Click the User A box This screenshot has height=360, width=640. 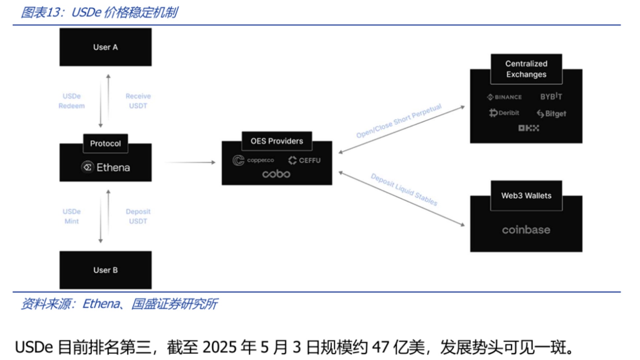tap(105, 47)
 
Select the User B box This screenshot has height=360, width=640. tap(105, 270)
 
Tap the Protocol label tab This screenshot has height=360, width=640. tap(105, 143)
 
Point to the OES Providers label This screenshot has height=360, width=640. tap(276, 141)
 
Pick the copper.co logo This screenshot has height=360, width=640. tap(253, 160)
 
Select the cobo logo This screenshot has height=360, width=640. tap(276, 174)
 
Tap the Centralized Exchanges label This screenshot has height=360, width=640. tap(526, 69)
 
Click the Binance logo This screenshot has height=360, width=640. tap(504, 97)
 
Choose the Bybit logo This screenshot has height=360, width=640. tap(551, 96)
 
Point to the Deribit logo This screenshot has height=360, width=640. tap(504, 113)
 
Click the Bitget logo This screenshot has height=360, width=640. tap(551, 114)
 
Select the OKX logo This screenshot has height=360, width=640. tap(528, 128)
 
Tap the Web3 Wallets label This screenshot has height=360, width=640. tap(526, 195)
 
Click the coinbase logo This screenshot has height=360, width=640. tap(526, 230)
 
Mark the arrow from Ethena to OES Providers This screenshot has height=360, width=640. tap(190, 162)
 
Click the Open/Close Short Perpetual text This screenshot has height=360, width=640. tap(399, 121)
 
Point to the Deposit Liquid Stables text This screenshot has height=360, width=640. tap(404, 190)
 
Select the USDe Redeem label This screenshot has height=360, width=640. tap(72, 101)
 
